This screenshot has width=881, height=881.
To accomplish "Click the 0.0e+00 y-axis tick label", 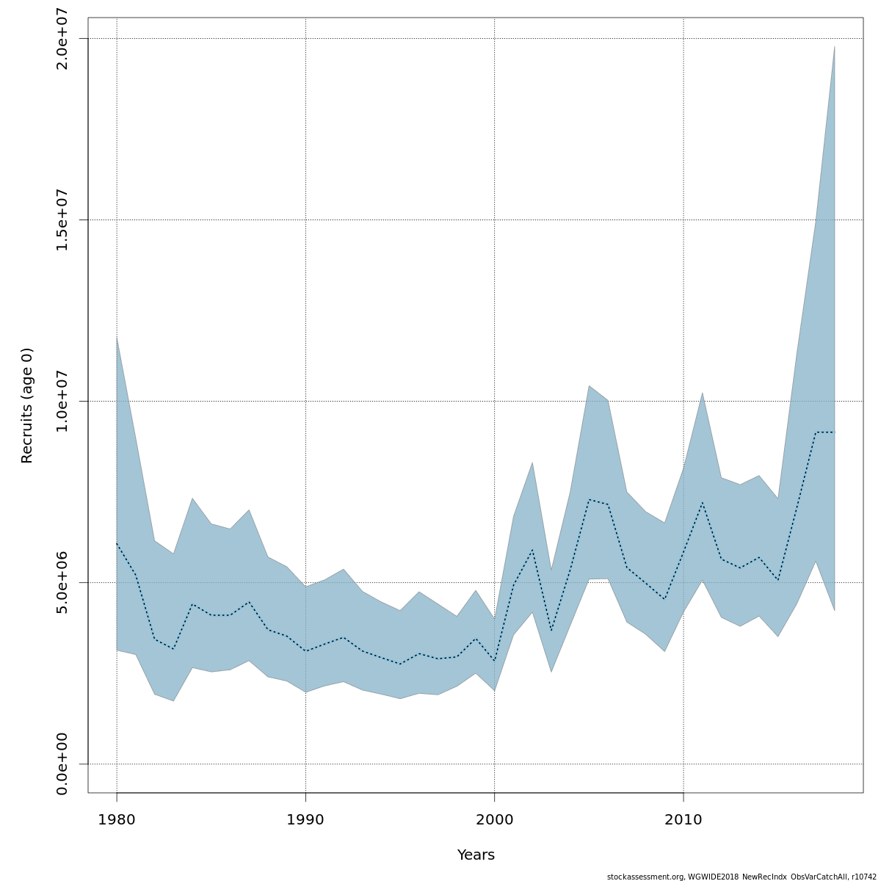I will coord(62,764).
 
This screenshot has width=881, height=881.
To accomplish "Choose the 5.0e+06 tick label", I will coord(62,582).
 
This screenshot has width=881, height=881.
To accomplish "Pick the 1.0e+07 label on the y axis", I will coord(62,401).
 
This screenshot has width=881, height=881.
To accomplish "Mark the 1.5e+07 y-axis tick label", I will coord(62,220).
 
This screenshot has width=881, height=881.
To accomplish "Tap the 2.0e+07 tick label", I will coord(62,38).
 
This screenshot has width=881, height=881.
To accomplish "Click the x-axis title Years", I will coord(476,855).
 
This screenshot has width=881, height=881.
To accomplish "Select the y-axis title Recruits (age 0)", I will coord(27,405).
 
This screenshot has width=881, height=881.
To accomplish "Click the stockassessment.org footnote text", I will coord(742,877).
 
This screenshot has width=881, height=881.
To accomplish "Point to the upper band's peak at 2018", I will coord(835,46).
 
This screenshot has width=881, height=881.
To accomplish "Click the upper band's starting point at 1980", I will coord(117,337).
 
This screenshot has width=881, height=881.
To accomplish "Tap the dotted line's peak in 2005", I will coord(589,499).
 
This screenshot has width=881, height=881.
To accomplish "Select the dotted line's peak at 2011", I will coord(703,503).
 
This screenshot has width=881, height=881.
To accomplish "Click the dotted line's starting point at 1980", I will coord(117,543).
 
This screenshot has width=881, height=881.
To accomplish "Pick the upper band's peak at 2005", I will coord(589,385).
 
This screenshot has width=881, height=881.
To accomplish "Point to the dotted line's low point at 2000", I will coord(495,661).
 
